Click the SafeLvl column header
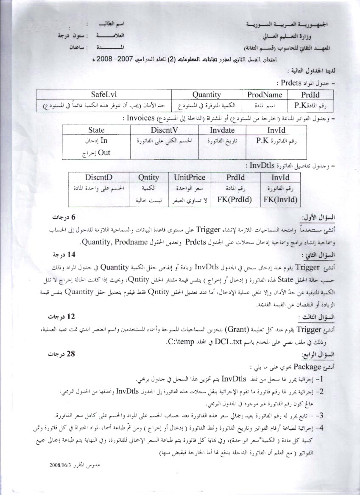[x=103, y=95]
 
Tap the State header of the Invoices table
[x=96, y=130]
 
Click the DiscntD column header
[x=98, y=177]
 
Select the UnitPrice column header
[x=190, y=177]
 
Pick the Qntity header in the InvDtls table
[x=148, y=177]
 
